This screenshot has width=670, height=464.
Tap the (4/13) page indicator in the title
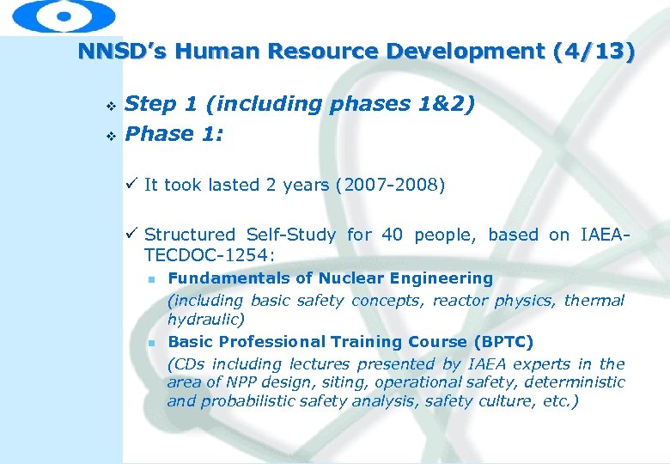coord(594,52)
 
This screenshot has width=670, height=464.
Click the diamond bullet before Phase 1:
coord(109,136)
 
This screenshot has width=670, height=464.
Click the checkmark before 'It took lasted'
coord(131,184)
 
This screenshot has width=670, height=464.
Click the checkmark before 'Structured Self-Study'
coord(131,234)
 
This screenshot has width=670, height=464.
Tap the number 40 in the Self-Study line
coord(393,235)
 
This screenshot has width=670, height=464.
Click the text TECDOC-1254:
coord(210,255)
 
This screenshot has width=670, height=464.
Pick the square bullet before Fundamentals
coord(149,280)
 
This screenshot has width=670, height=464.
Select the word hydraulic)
coord(206,319)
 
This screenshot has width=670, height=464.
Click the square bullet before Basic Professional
coord(149,343)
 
